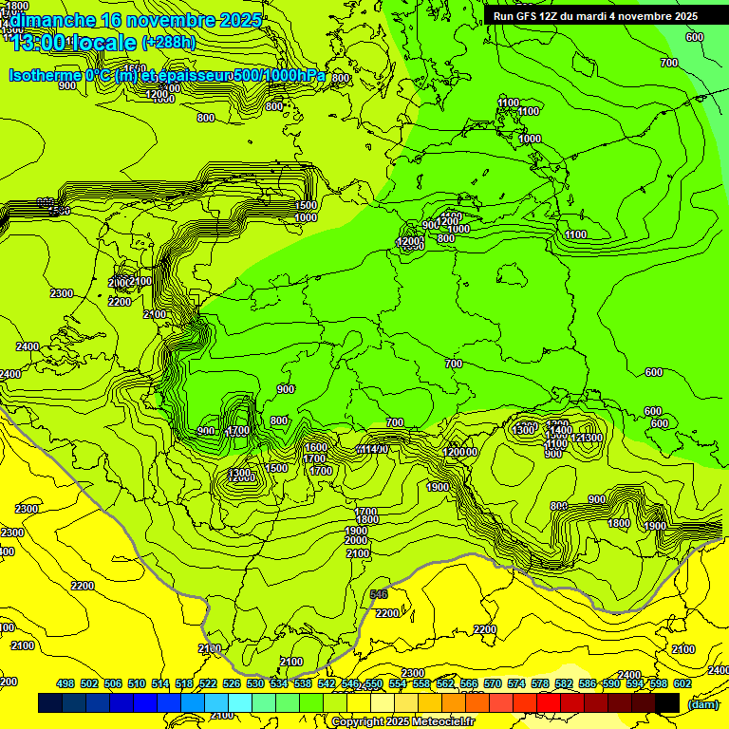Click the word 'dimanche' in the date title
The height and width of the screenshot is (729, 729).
[x=52, y=20]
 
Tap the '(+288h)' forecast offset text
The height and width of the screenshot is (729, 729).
[x=172, y=43]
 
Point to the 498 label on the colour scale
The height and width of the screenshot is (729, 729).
[x=65, y=683]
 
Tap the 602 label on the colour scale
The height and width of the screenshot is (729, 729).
[x=682, y=683]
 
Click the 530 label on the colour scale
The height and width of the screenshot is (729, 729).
[x=255, y=683]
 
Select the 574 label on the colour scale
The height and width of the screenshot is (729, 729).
[x=516, y=683]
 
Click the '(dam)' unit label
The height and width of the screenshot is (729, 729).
[x=702, y=703]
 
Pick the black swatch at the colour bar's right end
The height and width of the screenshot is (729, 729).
[x=667, y=702]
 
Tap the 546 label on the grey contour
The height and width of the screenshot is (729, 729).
[x=379, y=594]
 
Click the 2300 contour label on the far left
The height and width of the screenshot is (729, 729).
[x=62, y=293]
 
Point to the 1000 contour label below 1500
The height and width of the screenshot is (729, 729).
[x=306, y=217]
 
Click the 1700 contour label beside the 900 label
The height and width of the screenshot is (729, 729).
[x=238, y=431]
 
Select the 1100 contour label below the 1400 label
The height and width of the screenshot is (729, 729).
[x=557, y=444]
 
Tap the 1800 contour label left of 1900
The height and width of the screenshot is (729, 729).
[x=618, y=523]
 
